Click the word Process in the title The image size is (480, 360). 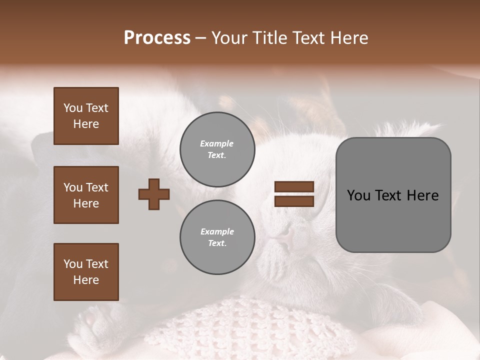coord(157,38)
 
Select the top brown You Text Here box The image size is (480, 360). coord(86,116)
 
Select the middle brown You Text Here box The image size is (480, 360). coord(86,195)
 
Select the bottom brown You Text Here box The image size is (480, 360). coord(86,272)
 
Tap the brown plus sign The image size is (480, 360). coord(154,194)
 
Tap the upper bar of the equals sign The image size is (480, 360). coord(294,187)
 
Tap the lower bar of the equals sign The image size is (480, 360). coord(294,201)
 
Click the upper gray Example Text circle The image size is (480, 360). coord(217,149)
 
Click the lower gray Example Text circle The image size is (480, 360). coord(217,237)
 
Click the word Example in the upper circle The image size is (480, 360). coord(217,143)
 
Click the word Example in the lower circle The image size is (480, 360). coord(217,231)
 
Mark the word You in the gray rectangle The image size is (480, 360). coord(359,195)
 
